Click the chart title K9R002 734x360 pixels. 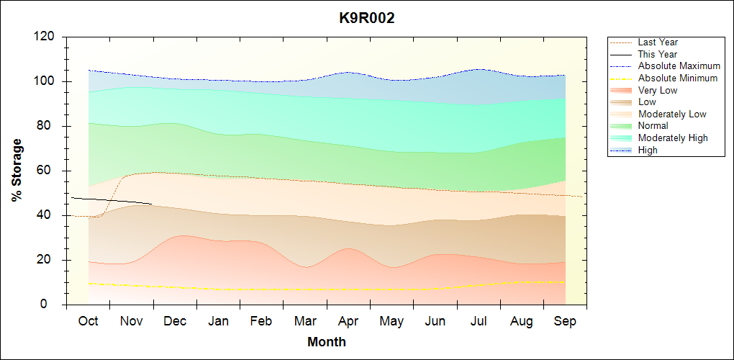(367, 19)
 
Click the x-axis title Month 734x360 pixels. (326, 342)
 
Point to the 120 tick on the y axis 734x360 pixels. (47, 37)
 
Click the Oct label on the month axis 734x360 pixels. (88, 321)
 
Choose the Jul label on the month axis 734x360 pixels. (480, 321)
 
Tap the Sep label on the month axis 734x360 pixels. (565, 321)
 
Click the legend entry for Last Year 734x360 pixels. (657, 42)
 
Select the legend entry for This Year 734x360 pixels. (657, 54)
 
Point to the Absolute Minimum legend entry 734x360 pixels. (677, 78)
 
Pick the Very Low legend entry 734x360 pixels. (657, 90)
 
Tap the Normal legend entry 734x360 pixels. (653, 126)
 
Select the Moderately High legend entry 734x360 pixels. (673, 138)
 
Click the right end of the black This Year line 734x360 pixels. (152, 204)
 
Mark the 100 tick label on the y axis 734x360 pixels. (47, 81)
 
